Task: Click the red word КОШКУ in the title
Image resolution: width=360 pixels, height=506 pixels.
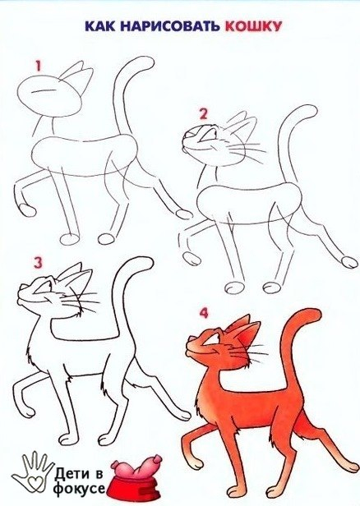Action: click(x=253, y=26)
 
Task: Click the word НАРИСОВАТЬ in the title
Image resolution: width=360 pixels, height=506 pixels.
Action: click(x=170, y=26)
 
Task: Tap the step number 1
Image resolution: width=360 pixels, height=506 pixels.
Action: click(x=39, y=67)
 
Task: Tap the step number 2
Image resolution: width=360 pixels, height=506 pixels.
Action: click(x=203, y=114)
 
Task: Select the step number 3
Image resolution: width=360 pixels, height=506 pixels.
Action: click(x=39, y=263)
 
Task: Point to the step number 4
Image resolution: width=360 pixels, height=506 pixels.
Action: click(x=204, y=313)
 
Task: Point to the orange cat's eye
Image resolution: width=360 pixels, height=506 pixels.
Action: click(x=212, y=340)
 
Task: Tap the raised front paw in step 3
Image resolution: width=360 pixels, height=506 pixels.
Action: click(x=27, y=412)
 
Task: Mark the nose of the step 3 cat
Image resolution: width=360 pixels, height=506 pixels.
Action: click(x=22, y=287)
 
